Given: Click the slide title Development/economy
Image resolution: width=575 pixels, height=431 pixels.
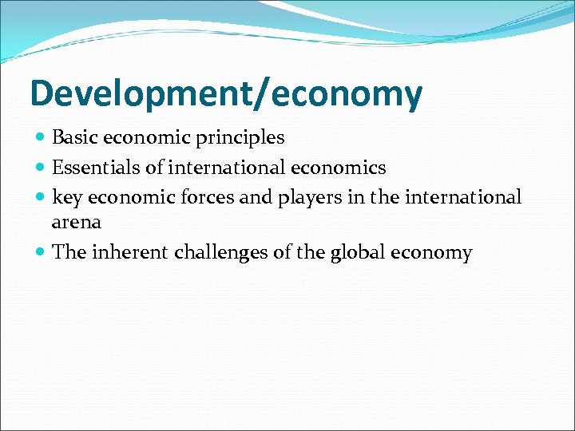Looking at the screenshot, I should click(226, 94).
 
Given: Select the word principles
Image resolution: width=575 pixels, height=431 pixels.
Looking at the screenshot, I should click(244, 138).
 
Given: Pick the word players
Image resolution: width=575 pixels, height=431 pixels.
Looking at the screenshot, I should click(310, 197).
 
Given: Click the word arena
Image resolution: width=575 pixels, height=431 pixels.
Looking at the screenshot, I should click(76, 223).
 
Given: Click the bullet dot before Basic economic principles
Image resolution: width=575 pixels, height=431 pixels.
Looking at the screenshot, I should click(41, 138).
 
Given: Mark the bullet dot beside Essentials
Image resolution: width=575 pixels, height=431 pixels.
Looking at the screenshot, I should click(41, 168).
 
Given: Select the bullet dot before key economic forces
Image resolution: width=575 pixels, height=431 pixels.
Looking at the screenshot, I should click(41, 197).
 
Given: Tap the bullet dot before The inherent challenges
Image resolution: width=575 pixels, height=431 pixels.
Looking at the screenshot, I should click(41, 253).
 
